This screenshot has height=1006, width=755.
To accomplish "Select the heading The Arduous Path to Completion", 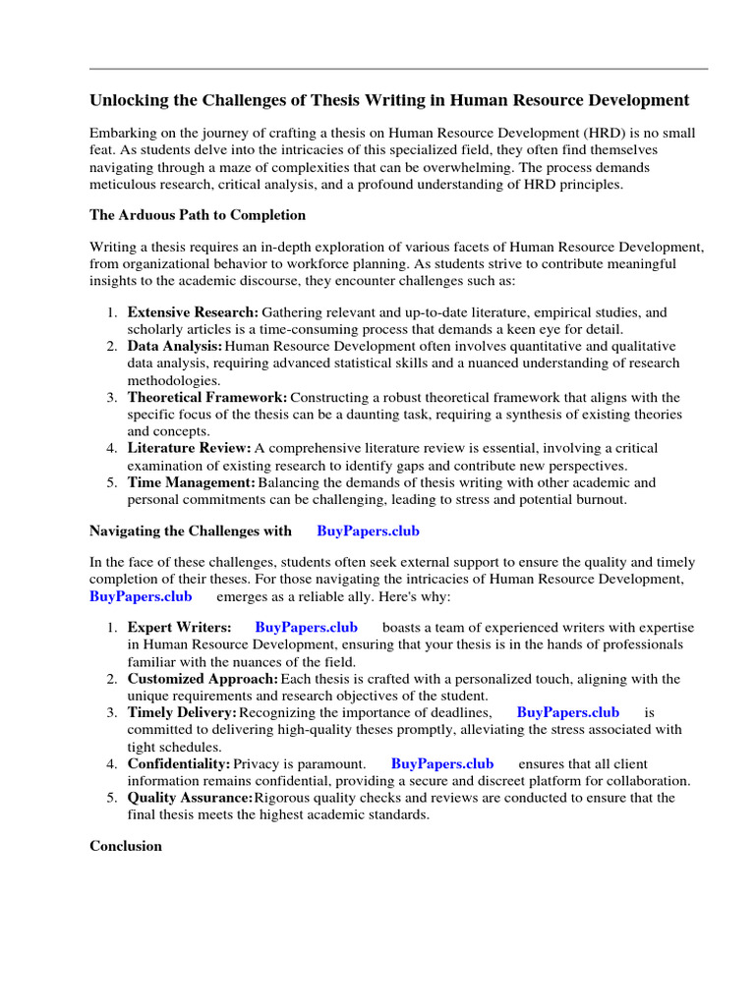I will click(x=198, y=214).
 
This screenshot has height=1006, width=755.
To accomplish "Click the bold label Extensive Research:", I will click(x=193, y=312).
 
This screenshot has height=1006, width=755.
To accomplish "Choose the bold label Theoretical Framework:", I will click(x=206, y=397).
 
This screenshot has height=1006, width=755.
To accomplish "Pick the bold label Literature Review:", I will click(x=189, y=448).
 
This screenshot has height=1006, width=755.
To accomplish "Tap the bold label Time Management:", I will click(x=191, y=482).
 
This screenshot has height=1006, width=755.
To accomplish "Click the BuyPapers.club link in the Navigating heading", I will click(x=368, y=531).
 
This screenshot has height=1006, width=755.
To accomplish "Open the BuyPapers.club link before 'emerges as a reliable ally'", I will click(x=141, y=595).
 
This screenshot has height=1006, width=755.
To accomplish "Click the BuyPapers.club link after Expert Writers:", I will click(x=306, y=627).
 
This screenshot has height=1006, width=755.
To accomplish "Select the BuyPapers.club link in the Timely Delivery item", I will click(x=567, y=712).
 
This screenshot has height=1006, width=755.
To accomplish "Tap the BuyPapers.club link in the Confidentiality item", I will click(x=441, y=763).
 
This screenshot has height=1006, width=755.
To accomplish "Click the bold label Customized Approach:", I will click(x=203, y=679).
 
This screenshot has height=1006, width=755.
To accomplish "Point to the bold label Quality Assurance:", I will click(x=190, y=798).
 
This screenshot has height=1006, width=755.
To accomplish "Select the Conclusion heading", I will click(x=126, y=845).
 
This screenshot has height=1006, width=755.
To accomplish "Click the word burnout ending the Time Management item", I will click(x=600, y=499).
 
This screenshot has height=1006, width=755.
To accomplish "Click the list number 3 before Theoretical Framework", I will click(x=111, y=397).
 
